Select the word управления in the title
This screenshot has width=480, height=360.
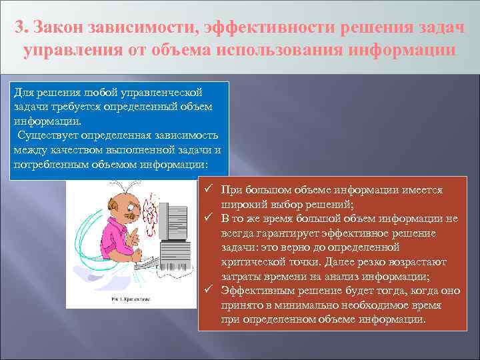[x=68, y=51]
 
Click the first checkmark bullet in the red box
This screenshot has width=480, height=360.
[x=208, y=190]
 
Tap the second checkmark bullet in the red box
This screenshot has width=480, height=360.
[x=208, y=218]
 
